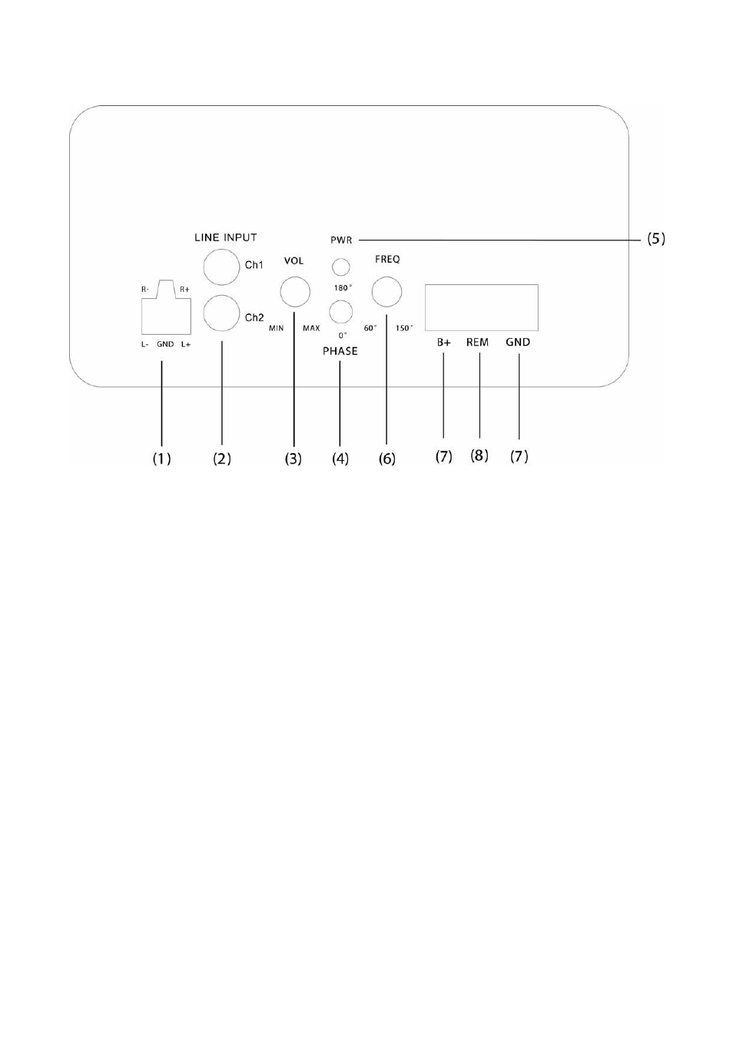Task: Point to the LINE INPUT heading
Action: point(225,237)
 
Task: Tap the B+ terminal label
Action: point(443,343)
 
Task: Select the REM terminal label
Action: point(477,343)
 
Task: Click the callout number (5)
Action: point(655,239)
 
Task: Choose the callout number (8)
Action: point(479,456)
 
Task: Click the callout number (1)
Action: point(161,459)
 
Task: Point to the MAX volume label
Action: point(311,328)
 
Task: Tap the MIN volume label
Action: point(277,328)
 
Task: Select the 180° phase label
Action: point(343,288)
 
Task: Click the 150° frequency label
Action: point(404,328)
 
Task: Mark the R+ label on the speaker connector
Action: point(184,290)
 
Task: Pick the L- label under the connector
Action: point(144,344)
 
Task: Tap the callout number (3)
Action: point(293,459)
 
